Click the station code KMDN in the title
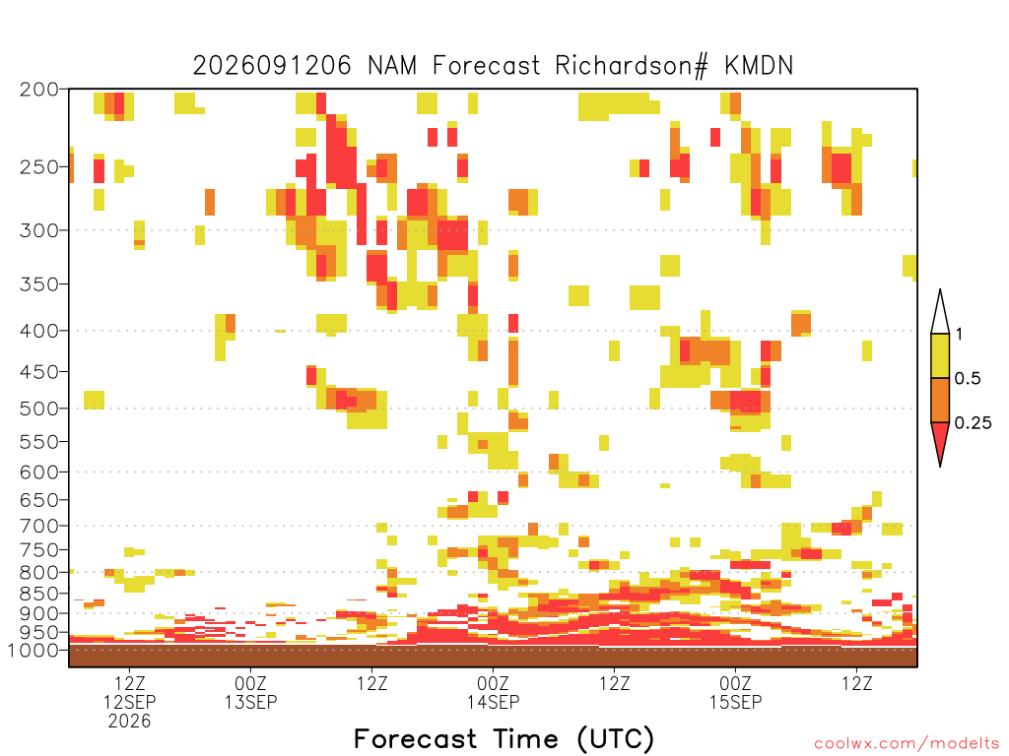759,66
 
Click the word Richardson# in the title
632,66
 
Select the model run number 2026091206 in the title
272,66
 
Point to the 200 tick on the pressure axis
39,90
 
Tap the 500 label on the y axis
39,409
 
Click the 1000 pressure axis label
34,650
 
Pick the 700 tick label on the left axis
39,526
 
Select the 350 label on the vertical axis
39,284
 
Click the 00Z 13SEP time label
250,692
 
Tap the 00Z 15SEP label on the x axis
735,692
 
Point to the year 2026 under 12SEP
129,722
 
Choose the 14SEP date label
493,702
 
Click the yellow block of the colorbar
940,355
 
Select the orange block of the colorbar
940,400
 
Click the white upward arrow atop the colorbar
940,313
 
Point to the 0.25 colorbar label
973,423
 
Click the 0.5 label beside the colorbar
968,379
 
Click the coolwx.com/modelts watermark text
907,744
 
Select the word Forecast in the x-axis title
415,739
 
